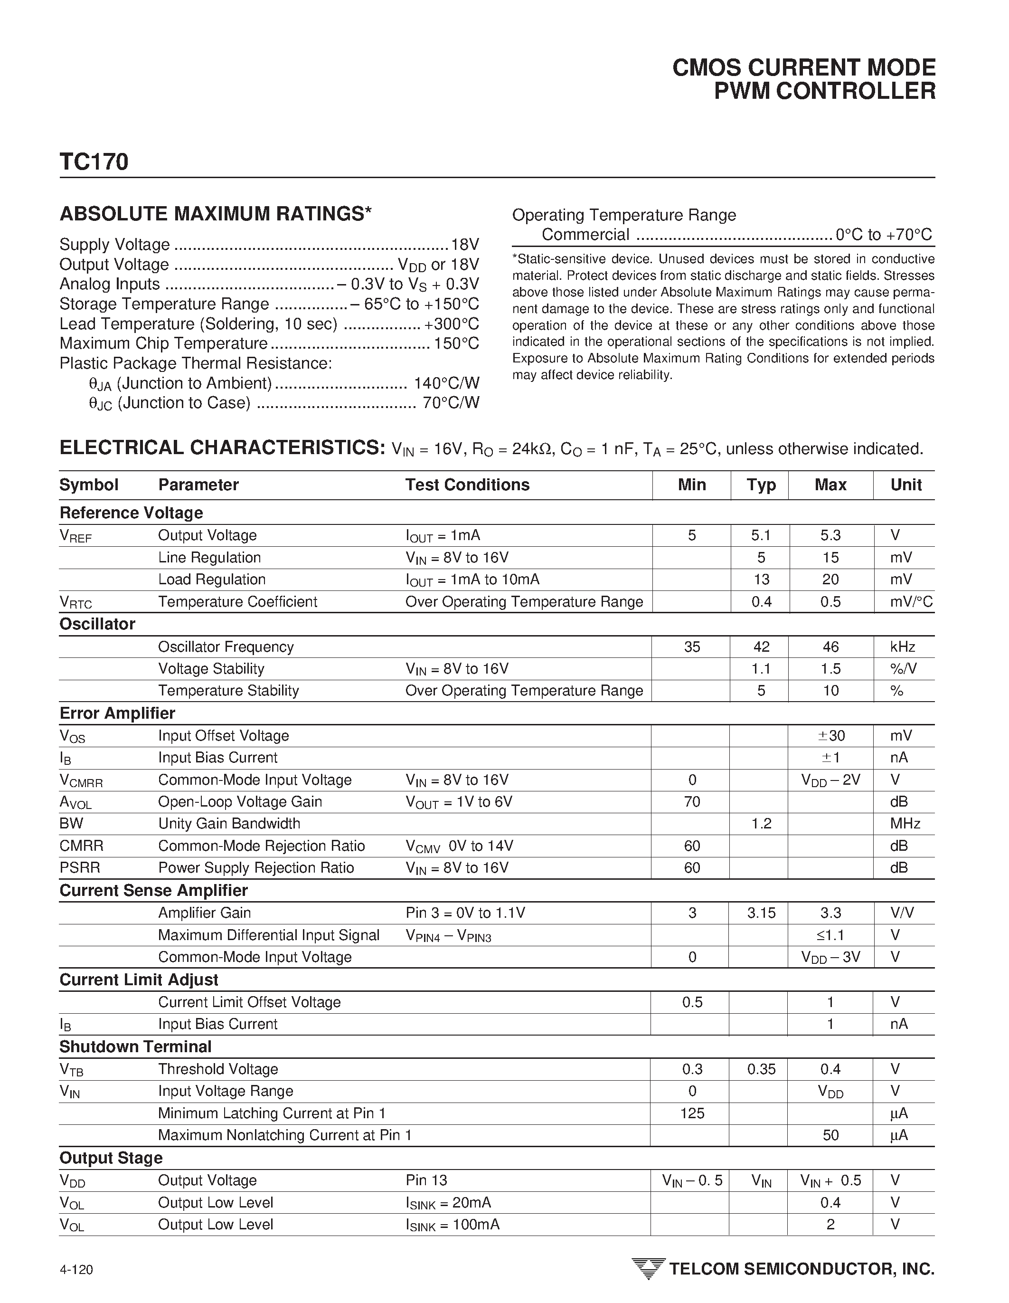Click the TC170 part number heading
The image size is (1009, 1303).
(94, 162)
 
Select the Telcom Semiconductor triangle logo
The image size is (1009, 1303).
(648, 1268)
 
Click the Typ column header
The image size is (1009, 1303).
(761, 485)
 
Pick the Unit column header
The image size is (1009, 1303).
(906, 485)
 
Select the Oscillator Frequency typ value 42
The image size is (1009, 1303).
(761, 647)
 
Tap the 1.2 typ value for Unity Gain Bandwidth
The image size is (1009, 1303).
(761, 824)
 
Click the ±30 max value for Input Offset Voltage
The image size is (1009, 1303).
(830, 736)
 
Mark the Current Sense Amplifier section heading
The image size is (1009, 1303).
(153, 891)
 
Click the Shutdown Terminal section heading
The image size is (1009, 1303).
(135, 1047)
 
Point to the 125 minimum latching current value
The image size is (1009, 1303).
(692, 1113)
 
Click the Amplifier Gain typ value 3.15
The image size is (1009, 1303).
(761, 913)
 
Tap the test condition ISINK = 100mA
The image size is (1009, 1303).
(452, 1225)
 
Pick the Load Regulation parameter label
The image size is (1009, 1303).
(212, 580)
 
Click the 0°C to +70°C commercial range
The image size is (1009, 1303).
(883, 235)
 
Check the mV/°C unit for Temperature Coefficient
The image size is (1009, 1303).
(911, 602)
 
